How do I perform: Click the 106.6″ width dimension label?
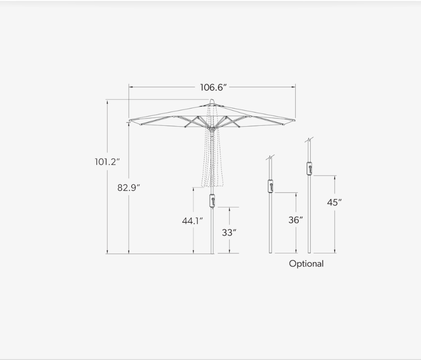pos(213,87)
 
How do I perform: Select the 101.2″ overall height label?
pos(107,162)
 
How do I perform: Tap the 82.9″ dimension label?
pos(129,187)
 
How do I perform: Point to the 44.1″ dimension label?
pos(192,221)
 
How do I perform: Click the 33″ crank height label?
pos(229,232)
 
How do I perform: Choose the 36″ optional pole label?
pos(296,220)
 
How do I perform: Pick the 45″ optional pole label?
pos(334,202)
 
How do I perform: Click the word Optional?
pos(307,264)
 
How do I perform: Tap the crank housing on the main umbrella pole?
pos(212,201)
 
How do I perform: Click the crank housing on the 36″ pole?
pos(271,186)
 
